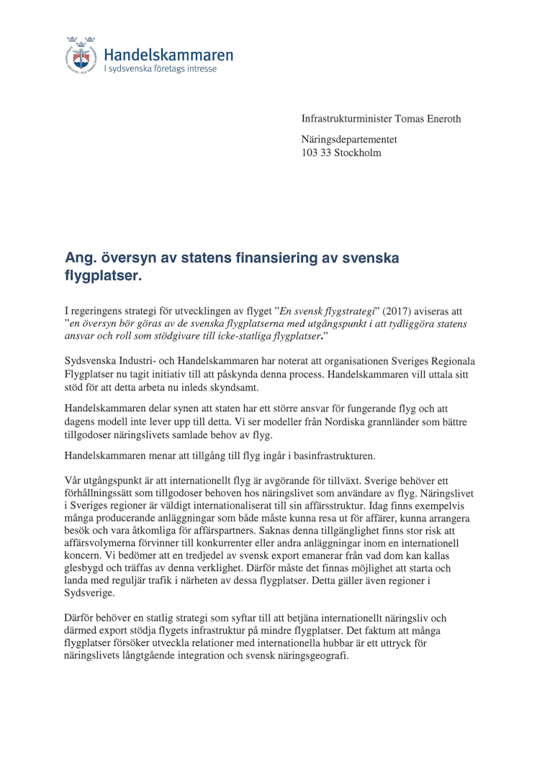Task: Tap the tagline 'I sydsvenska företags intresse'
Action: coord(160,69)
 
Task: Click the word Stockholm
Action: coord(357,153)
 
